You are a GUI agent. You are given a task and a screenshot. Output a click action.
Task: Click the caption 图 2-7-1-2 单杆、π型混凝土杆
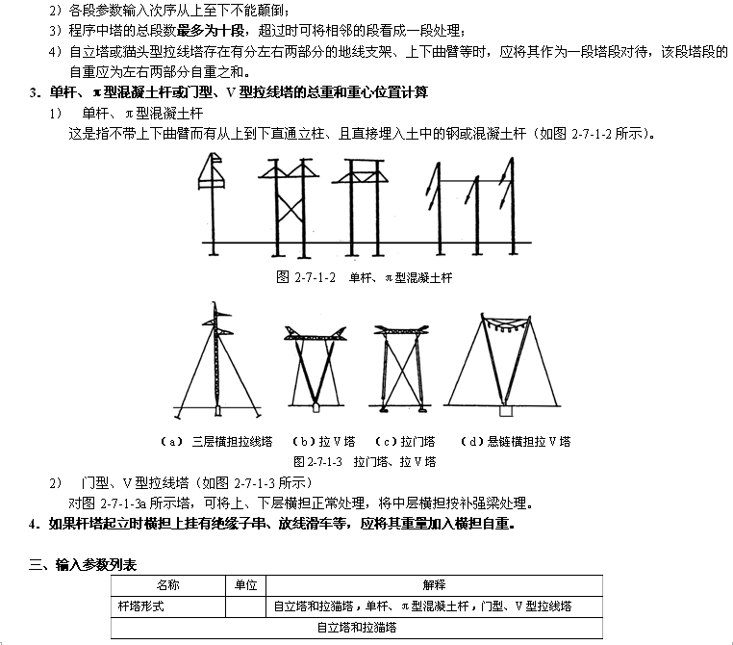(x=364, y=277)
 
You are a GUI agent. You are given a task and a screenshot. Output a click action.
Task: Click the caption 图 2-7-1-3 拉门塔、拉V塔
(x=366, y=461)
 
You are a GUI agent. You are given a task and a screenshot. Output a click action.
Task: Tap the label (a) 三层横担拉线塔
(x=210, y=442)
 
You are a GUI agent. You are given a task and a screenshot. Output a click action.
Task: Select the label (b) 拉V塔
(x=318, y=442)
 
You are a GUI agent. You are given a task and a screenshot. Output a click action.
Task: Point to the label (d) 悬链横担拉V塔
(x=516, y=442)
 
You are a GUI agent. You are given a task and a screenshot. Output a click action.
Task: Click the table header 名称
(x=167, y=585)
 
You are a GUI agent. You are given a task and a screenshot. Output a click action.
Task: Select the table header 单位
(x=245, y=585)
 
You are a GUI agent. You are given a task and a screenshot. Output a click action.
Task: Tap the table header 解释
(x=434, y=585)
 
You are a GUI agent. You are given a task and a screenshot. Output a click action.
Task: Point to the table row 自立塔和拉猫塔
(x=357, y=628)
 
